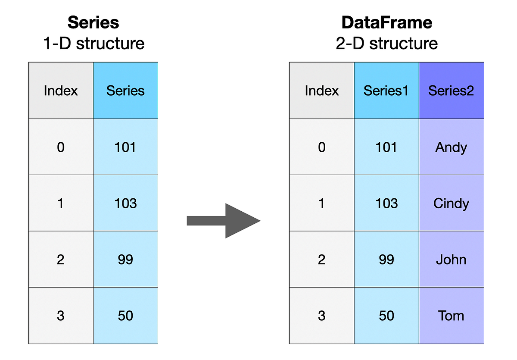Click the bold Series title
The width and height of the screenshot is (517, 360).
click(x=93, y=22)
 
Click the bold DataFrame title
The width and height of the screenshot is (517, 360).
click(x=386, y=22)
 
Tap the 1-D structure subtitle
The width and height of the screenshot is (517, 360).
click(x=93, y=44)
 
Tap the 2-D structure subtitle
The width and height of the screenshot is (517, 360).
click(x=386, y=44)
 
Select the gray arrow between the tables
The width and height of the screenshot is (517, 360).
click(x=224, y=221)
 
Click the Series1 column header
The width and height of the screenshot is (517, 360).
click(x=386, y=91)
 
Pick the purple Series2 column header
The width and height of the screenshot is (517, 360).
click(x=451, y=91)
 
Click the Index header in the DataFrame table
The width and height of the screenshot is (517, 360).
click(x=321, y=91)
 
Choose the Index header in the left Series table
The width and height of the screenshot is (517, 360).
click(x=61, y=91)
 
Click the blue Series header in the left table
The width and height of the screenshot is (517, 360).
click(x=125, y=91)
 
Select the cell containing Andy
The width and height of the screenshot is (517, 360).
click(x=451, y=147)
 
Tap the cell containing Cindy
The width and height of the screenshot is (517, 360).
click(x=451, y=203)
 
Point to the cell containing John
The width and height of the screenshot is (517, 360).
click(x=451, y=260)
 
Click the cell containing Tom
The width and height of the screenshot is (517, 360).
click(x=451, y=316)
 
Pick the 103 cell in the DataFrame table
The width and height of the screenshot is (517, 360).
click(x=386, y=203)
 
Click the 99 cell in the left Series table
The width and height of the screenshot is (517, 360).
click(x=125, y=260)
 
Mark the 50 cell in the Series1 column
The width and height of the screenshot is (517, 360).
click(x=386, y=316)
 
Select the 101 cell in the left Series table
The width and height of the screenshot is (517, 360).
click(x=125, y=147)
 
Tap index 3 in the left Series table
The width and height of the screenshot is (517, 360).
click(x=61, y=316)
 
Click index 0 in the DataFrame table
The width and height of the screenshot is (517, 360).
click(x=321, y=147)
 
